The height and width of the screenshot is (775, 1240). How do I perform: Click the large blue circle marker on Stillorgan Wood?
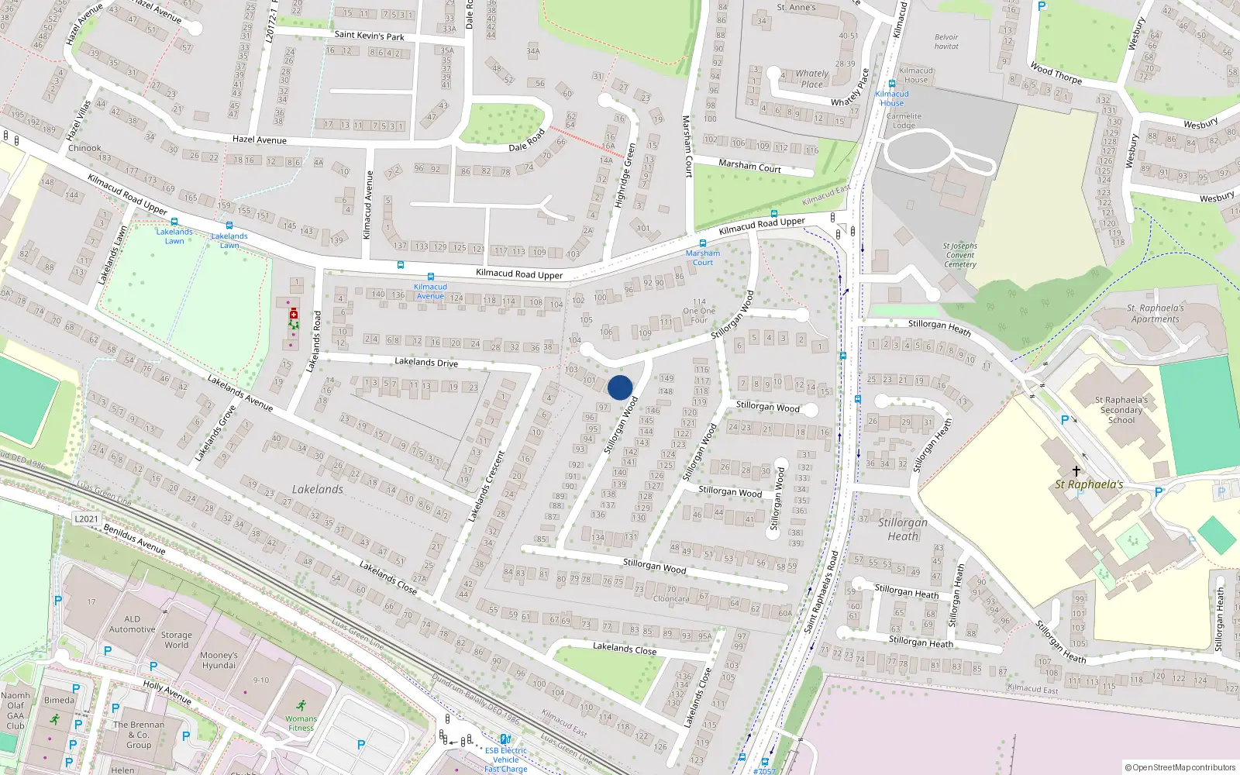(x=620, y=387)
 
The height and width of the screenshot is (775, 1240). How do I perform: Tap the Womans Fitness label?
(x=301, y=723)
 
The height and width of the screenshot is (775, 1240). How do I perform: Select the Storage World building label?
(x=176, y=639)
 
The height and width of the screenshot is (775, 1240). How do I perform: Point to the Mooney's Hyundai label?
(x=219, y=660)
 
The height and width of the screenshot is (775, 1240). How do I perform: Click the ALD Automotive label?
(x=132, y=624)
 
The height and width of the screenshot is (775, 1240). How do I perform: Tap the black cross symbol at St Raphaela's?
(x=1076, y=470)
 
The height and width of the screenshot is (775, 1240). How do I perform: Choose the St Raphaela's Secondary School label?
(x=1121, y=410)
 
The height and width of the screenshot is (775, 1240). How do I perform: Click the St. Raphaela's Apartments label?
(x=1155, y=313)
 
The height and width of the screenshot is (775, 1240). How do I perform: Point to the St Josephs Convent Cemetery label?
(x=960, y=255)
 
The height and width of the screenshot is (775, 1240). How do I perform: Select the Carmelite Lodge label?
(x=904, y=120)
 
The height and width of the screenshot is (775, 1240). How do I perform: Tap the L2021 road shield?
(x=86, y=518)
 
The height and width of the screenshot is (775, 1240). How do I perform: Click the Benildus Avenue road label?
(x=134, y=538)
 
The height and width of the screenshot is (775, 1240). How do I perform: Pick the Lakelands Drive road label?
(x=425, y=362)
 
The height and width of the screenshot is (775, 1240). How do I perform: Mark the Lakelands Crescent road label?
(x=487, y=486)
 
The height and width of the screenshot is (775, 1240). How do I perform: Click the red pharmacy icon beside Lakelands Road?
(x=294, y=314)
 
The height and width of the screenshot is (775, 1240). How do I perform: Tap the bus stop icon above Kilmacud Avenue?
(x=430, y=277)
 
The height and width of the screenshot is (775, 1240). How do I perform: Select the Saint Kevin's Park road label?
(x=369, y=36)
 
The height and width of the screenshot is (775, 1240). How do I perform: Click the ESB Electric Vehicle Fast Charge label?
(x=505, y=759)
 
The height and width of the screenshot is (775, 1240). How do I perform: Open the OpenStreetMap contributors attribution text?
(x=1180, y=767)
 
